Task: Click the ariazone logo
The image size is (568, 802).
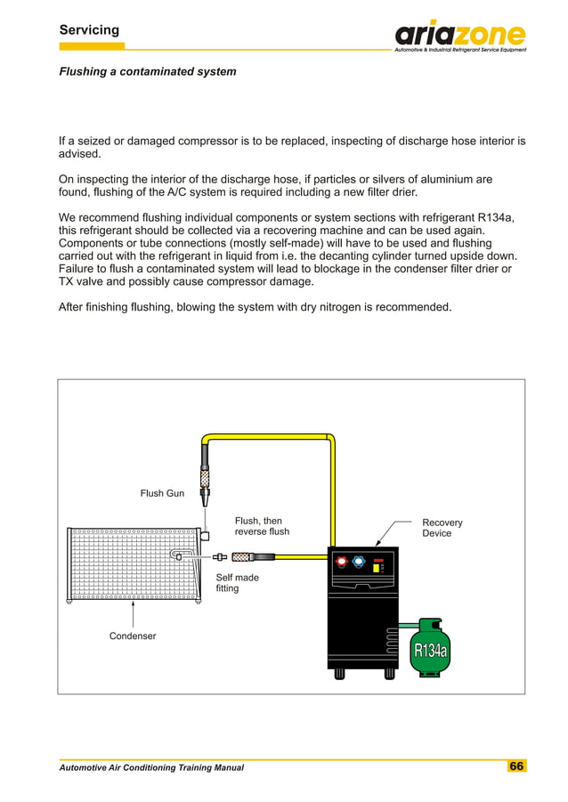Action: (x=460, y=36)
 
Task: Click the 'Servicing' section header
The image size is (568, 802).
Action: (x=88, y=30)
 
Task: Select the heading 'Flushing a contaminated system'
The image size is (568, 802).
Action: (x=147, y=71)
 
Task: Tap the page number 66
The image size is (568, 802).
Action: (x=516, y=766)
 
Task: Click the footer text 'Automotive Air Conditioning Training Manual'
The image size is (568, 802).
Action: (x=151, y=767)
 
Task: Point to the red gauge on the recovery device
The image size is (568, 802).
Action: (x=342, y=563)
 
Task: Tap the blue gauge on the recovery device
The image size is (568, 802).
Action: (x=359, y=563)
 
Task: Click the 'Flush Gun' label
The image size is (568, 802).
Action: (x=163, y=493)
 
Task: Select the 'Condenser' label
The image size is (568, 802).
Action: (x=133, y=636)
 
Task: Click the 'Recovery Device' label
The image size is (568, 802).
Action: (x=442, y=528)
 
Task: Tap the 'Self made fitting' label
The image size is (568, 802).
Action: (x=237, y=583)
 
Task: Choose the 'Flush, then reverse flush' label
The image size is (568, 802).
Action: (x=262, y=526)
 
